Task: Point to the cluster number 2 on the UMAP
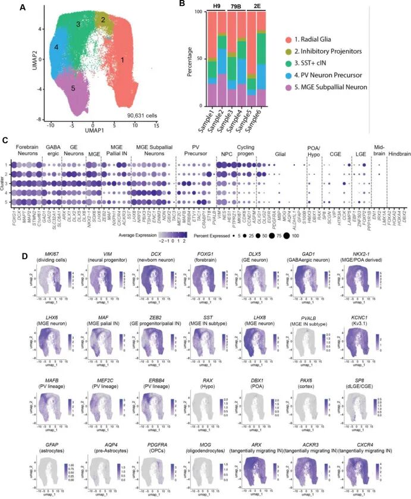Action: (x=103, y=20)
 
